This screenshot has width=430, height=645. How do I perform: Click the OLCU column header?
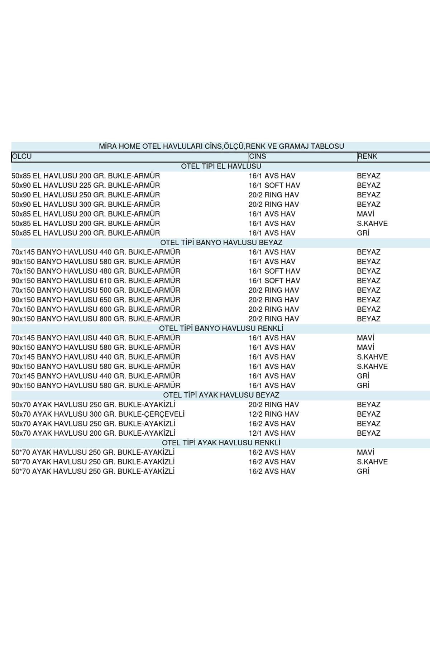(22, 157)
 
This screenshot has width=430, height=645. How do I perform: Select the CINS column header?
(257, 157)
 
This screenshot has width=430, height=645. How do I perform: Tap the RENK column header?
(367, 157)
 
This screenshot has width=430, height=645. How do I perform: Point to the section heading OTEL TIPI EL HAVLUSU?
(221, 166)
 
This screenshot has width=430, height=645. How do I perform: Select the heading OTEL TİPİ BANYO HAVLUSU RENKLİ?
(221, 328)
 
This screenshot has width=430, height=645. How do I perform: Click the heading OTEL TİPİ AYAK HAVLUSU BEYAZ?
(221, 395)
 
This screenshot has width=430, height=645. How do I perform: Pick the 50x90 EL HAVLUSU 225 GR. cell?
(86, 185)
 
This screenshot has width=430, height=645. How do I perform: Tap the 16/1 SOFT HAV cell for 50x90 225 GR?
(274, 185)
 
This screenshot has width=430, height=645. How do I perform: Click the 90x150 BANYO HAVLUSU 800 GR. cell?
(96, 319)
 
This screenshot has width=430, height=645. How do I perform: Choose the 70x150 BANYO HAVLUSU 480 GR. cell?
(96, 271)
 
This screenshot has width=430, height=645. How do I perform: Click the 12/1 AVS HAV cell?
(272, 433)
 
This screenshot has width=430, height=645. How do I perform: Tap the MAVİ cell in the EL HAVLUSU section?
(365, 214)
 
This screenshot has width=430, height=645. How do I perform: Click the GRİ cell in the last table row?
(363, 471)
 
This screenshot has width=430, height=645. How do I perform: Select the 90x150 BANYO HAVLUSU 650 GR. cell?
(96, 300)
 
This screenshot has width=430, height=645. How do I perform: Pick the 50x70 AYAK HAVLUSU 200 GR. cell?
(93, 433)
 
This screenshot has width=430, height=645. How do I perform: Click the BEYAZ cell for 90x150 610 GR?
(368, 281)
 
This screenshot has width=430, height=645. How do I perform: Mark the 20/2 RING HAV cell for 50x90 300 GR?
(274, 204)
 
